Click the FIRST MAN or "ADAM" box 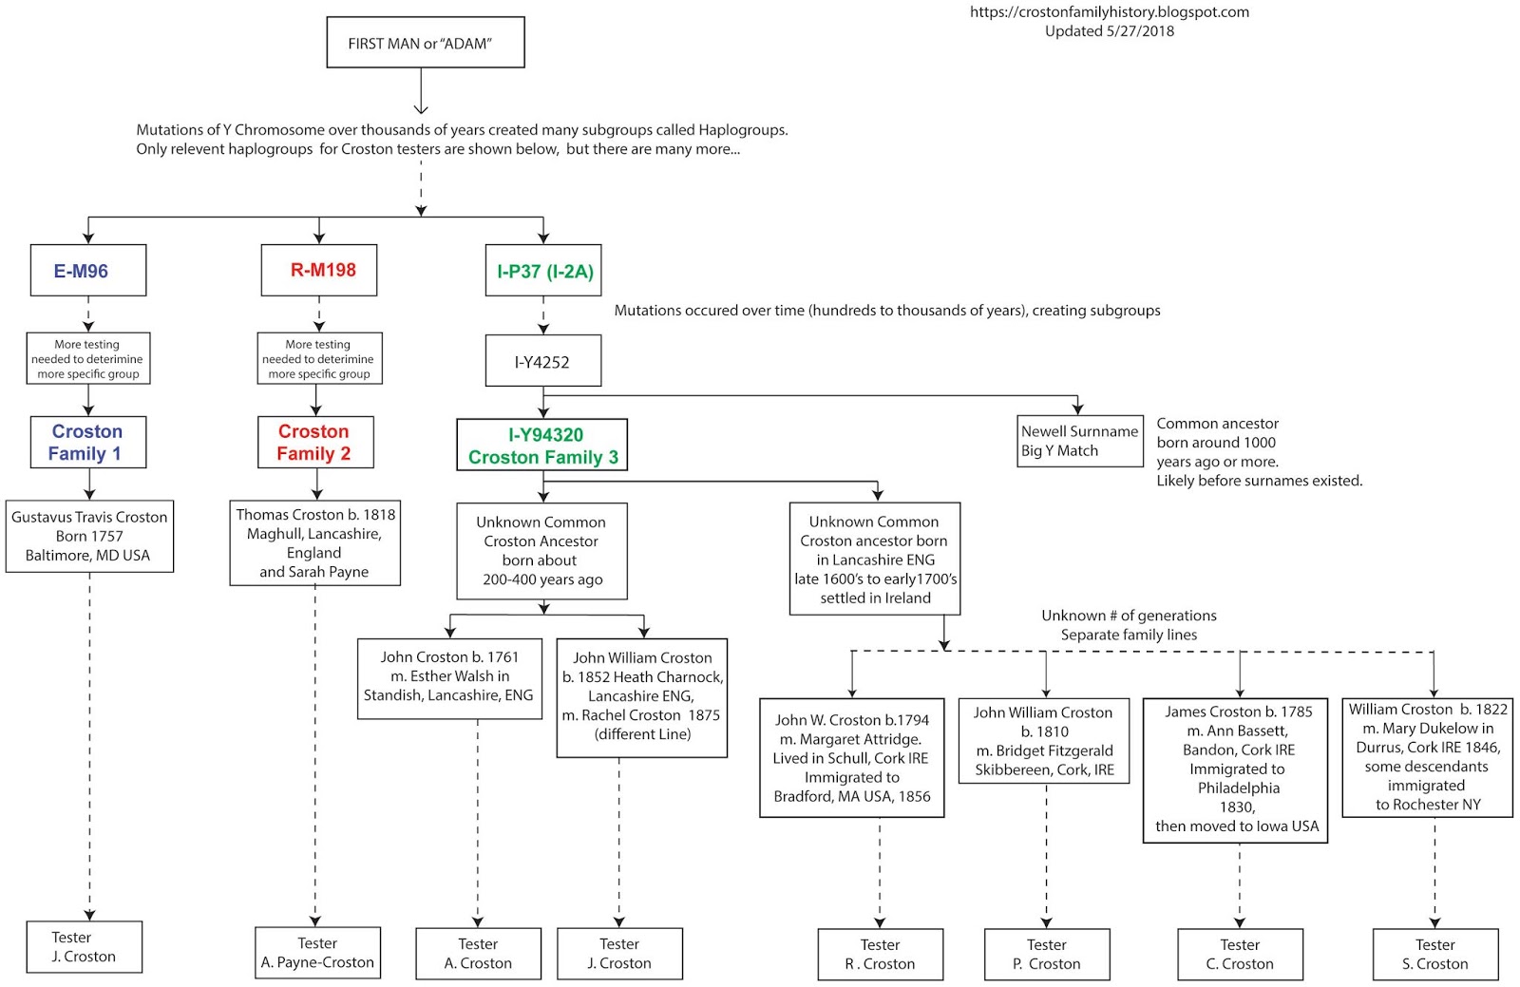[425, 43]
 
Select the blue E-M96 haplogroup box [87, 271]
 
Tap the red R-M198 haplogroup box [319, 270]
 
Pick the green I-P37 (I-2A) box [543, 272]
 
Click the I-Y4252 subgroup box [542, 361]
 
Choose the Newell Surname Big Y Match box [1079, 441]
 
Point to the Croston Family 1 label [87, 443]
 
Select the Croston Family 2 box [314, 443]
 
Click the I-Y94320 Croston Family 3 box [542, 446]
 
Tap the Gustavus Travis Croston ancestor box [89, 536]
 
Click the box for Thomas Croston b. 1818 [314, 542]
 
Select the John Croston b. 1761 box [449, 677]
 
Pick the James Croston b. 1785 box [1235, 769]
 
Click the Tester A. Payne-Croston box [317, 953]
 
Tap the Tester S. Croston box [1434, 955]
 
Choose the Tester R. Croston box [880, 955]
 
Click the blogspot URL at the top [1109, 12]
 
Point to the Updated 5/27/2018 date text [1109, 31]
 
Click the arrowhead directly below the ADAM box [421, 107]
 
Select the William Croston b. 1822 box [1427, 757]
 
